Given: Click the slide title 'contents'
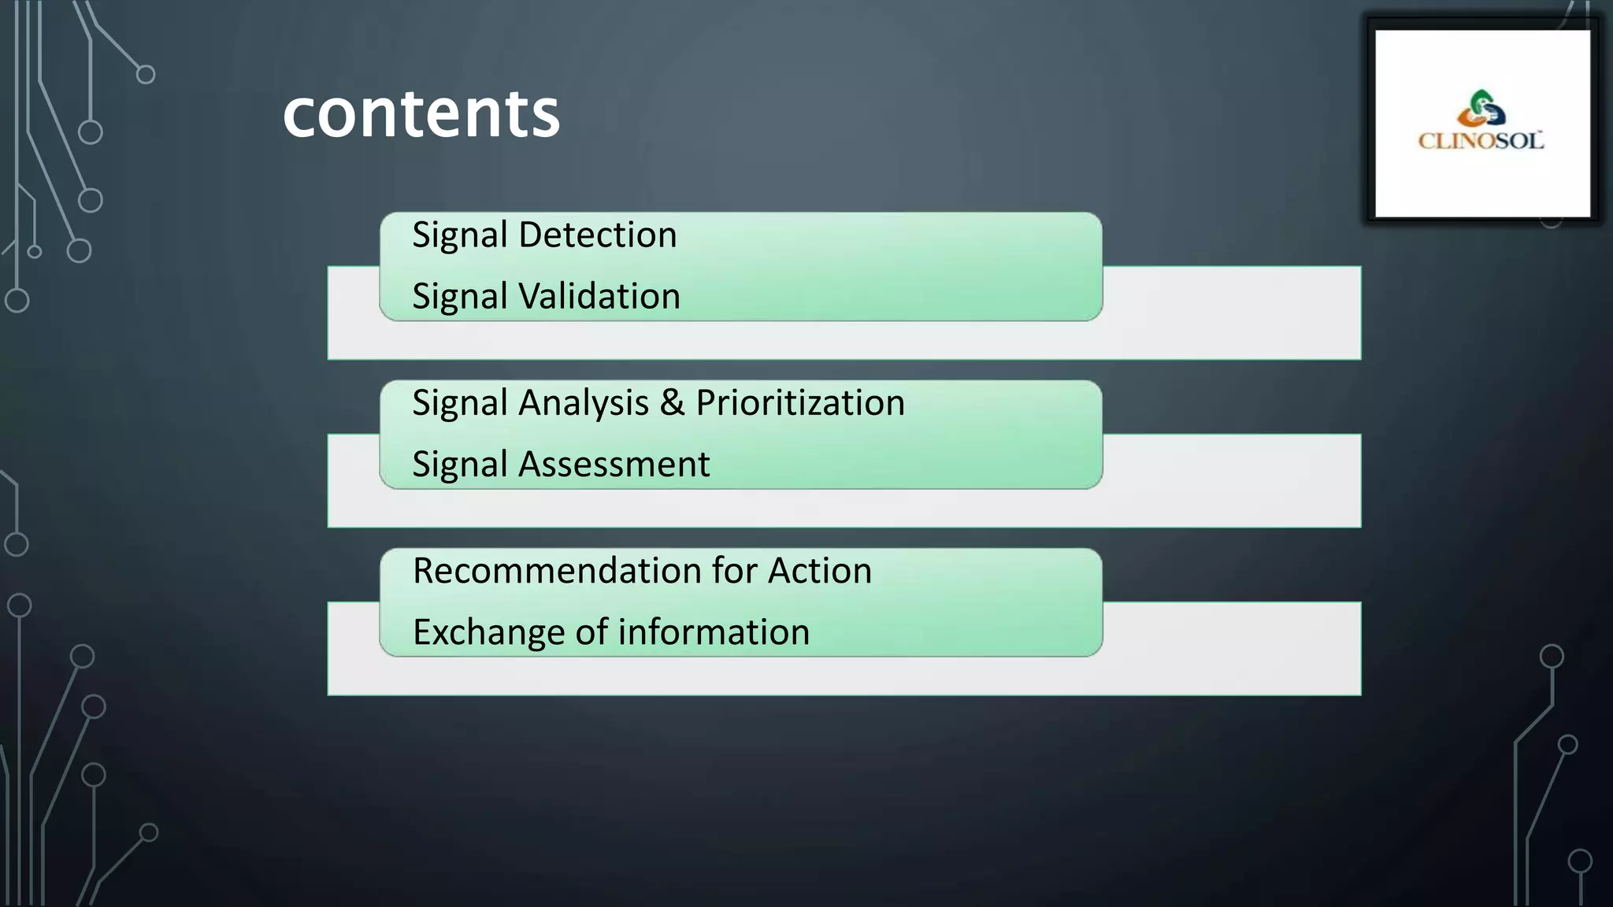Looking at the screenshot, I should point(421,114).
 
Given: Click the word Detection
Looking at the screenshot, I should point(598,235).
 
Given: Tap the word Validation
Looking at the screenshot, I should point(599,296).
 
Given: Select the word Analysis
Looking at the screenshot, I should point(584,403).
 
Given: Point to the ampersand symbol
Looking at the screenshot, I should point(672,403).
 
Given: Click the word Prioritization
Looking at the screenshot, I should point(800,403).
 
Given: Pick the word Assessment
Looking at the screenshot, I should point(614,464).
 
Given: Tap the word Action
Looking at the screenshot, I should point(820,571).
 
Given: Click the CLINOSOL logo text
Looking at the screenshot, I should point(1481,141).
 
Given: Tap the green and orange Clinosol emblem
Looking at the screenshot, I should point(1481,109).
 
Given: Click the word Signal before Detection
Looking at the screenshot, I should point(460,235).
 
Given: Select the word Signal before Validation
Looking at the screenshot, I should point(460,297).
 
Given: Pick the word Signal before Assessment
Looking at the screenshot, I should point(460,465).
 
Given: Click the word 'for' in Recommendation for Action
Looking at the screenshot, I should point(738,571).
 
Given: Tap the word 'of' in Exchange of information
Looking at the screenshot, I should point(591,632).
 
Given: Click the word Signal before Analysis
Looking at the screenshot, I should point(460,404).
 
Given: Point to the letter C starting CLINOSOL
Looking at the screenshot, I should point(1426,142).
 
